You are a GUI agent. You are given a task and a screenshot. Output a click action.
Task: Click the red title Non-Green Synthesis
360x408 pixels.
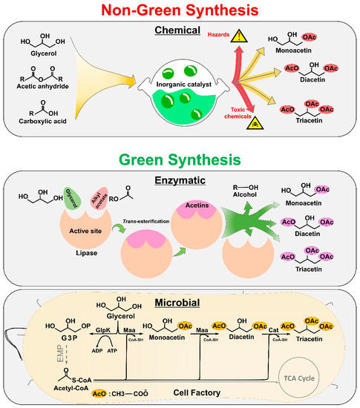180,10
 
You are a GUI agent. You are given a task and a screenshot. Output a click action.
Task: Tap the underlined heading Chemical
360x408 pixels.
180,30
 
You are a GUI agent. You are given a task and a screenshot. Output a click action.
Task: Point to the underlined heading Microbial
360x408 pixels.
180,304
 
